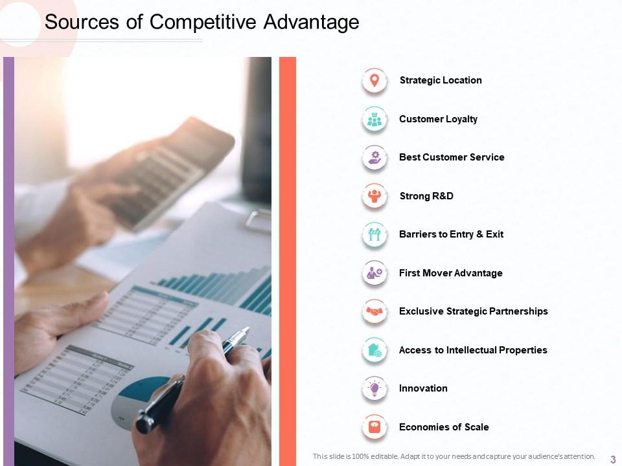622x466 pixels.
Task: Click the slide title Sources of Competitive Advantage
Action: click(202, 22)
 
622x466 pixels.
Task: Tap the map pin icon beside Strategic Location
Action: click(374, 81)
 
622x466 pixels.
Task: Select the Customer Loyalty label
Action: click(438, 119)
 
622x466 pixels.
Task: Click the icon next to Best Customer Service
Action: click(374, 157)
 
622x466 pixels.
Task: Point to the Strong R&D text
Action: click(426, 196)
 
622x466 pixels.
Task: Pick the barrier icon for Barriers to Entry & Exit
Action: click(374, 234)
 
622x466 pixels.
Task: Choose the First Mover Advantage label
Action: click(450, 273)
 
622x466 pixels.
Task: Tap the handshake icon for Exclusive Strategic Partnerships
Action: click(374, 311)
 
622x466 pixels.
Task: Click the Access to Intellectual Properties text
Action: click(473, 350)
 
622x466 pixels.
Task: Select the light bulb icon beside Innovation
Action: click(374, 388)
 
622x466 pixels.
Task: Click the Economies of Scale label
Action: click(444, 427)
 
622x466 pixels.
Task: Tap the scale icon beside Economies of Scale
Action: click(374, 427)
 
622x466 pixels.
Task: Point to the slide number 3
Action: click(613, 459)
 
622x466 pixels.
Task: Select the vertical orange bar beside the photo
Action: click(287, 259)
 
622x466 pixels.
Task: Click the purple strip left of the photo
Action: click(8, 259)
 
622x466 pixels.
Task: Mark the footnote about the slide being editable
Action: click(454, 456)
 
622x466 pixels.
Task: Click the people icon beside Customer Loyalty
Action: click(374, 119)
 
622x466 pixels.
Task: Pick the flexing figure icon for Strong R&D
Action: click(374, 196)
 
